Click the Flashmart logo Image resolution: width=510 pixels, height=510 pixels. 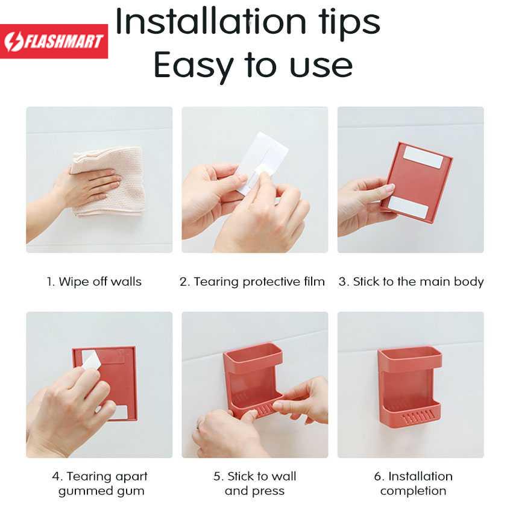coord(54,42)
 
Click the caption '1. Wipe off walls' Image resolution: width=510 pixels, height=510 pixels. coord(94,282)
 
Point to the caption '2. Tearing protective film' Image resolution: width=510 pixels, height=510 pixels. coord(252,282)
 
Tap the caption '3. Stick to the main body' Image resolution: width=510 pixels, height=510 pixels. coord(411,282)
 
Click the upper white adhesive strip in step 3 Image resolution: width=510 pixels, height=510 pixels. coord(423,157)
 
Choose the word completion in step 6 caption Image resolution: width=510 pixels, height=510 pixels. coord(413,491)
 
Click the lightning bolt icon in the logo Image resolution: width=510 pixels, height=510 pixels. coord(13,42)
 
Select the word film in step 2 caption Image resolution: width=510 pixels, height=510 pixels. coord(314,282)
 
